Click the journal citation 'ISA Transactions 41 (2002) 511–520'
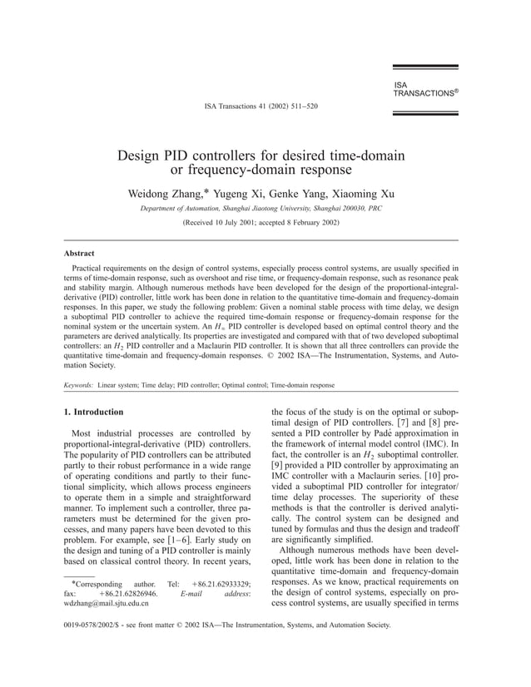(261, 107)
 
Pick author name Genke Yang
(293, 195)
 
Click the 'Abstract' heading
(79, 253)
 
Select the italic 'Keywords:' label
(78, 386)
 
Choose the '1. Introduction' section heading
(94, 412)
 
